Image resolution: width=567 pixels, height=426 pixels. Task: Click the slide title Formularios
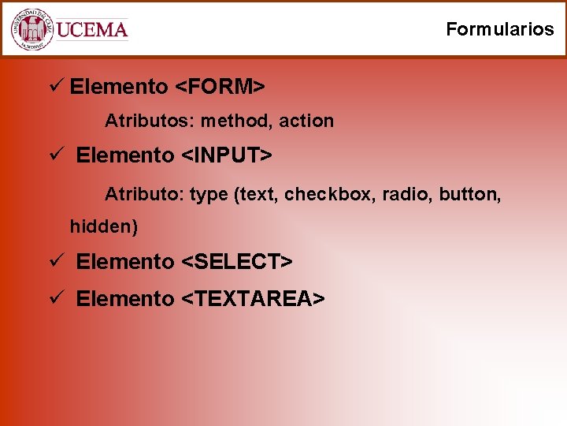[x=499, y=29]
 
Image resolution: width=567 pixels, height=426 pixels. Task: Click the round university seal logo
[x=31, y=29]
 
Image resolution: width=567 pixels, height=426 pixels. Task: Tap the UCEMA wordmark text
[x=92, y=30]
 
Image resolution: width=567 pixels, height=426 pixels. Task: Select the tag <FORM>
[x=219, y=86]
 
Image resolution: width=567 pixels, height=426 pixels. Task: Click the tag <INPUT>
[x=227, y=155]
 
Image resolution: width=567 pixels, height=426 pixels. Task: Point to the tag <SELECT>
[x=237, y=261]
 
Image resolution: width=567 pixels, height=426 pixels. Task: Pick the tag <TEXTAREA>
[x=253, y=299]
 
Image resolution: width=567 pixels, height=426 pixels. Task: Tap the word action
[x=307, y=121]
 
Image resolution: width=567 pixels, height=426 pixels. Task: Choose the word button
[x=469, y=193]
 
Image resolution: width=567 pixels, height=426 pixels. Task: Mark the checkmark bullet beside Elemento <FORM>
[x=55, y=85]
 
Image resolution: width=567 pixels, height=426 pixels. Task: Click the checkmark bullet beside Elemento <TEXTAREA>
[x=55, y=298]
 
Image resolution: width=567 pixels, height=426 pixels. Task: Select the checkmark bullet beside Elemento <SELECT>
[x=55, y=260]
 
